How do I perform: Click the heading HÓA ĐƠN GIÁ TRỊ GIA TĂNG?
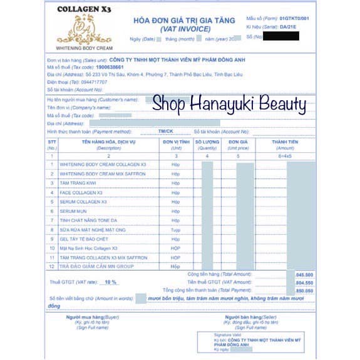[184, 20]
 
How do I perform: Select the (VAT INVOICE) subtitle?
[184, 29]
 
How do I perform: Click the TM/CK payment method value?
[166, 131]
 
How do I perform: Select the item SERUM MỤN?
[73, 211]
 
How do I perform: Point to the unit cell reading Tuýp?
[176, 230]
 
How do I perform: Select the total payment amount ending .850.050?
[304, 291]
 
